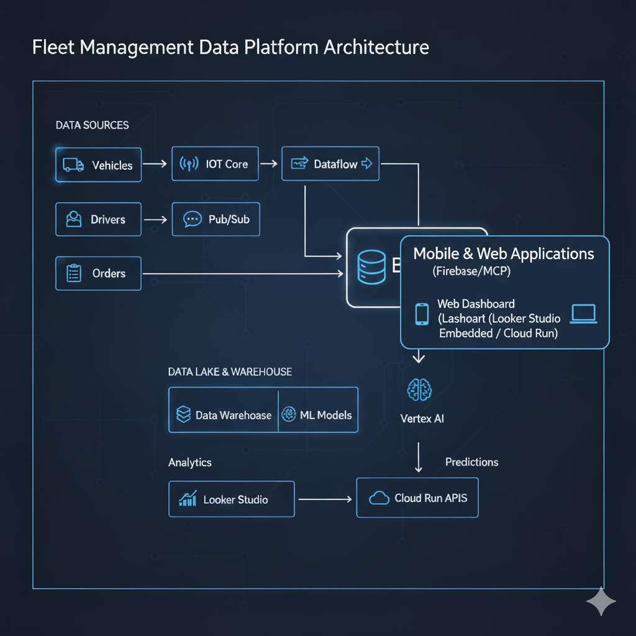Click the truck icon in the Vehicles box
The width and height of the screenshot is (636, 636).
(x=73, y=165)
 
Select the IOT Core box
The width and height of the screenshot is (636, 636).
(x=215, y=164)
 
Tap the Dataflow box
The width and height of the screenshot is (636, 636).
(x=330, y=164)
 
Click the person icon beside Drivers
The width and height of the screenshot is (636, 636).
(x=74, y=219)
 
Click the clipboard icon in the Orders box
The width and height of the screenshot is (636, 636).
(x=74, y=273)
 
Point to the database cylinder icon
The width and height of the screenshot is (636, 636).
(x=371, y=267)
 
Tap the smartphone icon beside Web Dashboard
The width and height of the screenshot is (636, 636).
(x=422, y=314)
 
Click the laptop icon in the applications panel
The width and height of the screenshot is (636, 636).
(x=583, y=314)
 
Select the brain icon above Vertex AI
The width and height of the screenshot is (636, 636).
(x=419, y=390)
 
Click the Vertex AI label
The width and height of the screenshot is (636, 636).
(x=422, y=419)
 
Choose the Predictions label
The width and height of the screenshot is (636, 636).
(x=471, y=462)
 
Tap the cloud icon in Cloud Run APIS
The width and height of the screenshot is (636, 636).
(x=379, y=498)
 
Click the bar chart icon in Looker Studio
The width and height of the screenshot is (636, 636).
(x=188, y=498)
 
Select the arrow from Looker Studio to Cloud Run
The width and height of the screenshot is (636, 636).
(x=325, y=499)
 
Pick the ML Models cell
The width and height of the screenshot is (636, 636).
(x=318, y=415)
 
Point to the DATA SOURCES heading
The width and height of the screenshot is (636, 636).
(x=93, y=125)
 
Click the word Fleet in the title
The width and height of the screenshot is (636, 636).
(x=55, y=47)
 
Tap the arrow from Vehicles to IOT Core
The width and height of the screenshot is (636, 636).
(x=155, y=164)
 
